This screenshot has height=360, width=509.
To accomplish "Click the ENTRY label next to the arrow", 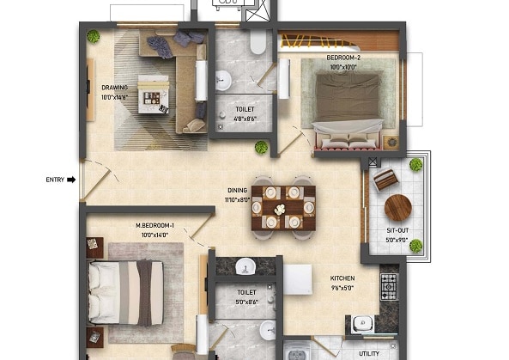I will tap(56, 180).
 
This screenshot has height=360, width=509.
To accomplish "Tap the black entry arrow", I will tap(72, 180).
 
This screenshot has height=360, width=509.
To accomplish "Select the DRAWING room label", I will tap(115, 88).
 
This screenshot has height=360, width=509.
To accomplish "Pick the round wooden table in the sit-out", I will tap(398, 207).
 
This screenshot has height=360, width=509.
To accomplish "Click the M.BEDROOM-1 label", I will tap(154, 227).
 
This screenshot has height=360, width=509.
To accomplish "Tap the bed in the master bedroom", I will tap(125, 292).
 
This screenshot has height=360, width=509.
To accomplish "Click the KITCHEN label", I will tap(342, 278).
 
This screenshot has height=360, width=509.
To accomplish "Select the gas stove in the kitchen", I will tap(389, 286).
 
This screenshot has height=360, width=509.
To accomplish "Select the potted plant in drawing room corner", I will tap(93, 36).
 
